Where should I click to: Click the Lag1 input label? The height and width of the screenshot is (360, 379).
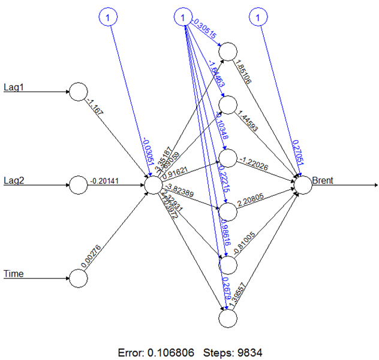13,86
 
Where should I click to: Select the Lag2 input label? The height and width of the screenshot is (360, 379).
13,179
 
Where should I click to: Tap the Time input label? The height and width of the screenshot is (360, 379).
14,274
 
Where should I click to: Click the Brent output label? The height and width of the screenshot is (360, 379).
324,179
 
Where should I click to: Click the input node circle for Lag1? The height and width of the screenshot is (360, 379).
78,92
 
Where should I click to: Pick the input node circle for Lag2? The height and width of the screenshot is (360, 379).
78,185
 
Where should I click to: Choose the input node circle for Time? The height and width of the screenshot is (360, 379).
78,278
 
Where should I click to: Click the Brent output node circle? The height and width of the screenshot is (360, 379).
303,185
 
